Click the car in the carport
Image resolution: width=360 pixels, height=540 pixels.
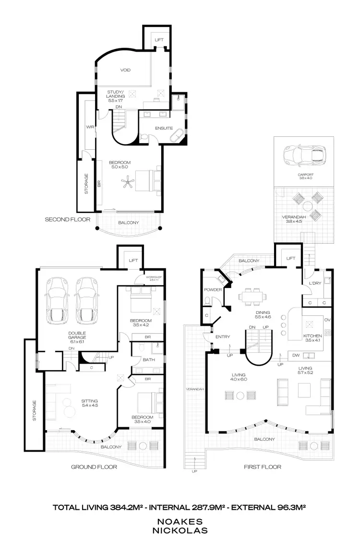pos(302,155)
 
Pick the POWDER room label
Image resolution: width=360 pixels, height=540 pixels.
pos(213,289)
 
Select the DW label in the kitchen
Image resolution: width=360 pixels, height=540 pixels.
pos(295,355)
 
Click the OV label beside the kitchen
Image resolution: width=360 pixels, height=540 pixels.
pos(327,320)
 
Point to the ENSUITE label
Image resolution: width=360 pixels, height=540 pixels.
pos(164,129)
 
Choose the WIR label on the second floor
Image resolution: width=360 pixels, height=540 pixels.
pos(90,127)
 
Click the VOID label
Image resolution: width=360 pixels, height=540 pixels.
pos(125,70)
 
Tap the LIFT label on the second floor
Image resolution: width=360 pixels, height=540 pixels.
pos(158,40)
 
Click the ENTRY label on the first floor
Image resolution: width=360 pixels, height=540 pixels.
pos(223,337)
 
